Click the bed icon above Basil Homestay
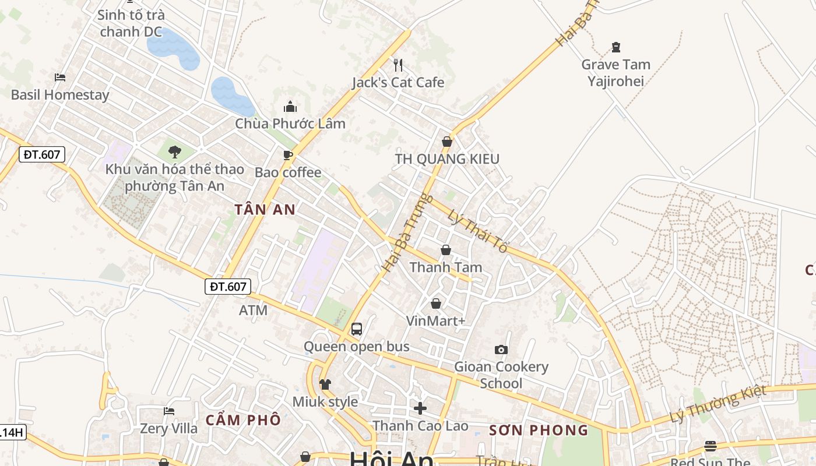point(59,77)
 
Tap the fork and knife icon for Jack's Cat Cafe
point(398,65)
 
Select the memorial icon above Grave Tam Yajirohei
point(615,47)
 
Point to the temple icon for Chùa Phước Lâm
point(290,107)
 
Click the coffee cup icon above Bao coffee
point(287,155)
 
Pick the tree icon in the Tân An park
point(174,153)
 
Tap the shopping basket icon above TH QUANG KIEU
point(446,142)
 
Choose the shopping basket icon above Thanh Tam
point(445,250)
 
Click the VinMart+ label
point(435,321)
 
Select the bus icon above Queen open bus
point(357,329)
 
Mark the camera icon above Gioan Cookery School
point(501,349)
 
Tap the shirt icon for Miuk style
point(325,384)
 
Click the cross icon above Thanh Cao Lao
point(420,408)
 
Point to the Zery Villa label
point(168,429)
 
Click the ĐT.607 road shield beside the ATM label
point(228,287)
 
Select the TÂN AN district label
point(265,210)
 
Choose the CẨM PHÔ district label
point(243,420)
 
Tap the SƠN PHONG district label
point(539,430)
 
